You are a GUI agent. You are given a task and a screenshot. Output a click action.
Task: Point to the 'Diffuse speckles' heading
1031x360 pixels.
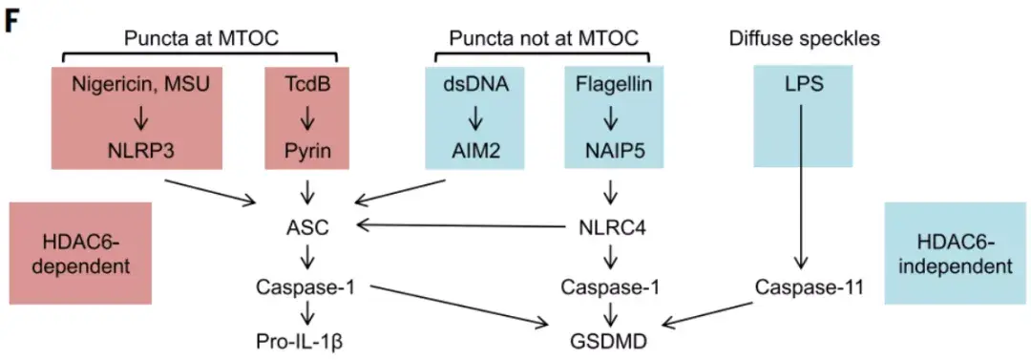(805, 39)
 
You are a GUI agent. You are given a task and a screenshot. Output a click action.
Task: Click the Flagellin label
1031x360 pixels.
(614, 86)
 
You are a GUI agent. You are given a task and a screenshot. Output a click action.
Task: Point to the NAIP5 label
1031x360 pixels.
(614, 150)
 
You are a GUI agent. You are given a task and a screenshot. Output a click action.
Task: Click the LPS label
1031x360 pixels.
(802, 86)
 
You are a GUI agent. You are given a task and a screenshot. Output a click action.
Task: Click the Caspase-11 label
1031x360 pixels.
(802, 286)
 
